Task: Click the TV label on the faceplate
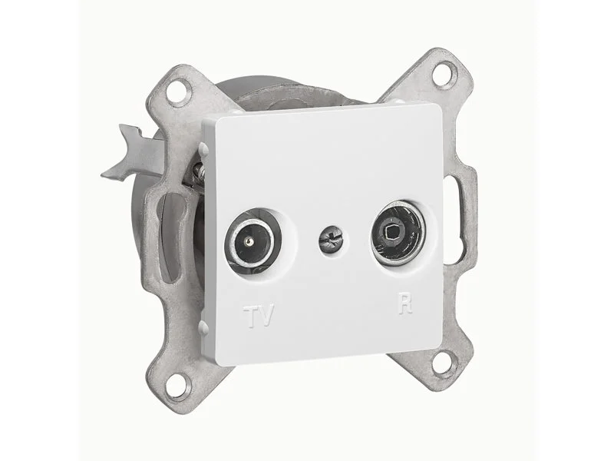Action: point(259,315)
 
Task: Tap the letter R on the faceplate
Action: point(406,303)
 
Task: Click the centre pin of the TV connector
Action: point(247,243)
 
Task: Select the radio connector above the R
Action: point(398,234)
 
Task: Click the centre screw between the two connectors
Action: point(331,237)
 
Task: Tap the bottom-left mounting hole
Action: point(177,386)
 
